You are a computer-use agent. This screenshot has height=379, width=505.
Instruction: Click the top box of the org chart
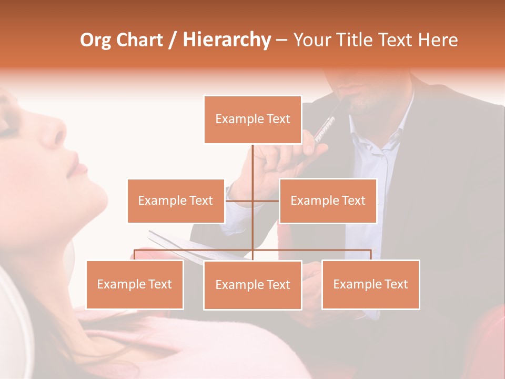pos(252,119)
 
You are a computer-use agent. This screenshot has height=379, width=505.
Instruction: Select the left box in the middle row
pos(176,201)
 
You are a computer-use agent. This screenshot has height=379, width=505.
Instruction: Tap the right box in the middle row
pos(328,201)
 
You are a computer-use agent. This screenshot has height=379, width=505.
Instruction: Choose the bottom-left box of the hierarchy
pos(135,284)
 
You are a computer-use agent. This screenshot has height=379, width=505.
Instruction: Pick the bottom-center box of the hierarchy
pos(252,285)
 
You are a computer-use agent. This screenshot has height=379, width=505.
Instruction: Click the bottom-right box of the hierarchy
pos(370,284)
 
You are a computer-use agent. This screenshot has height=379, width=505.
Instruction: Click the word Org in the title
pos(95,40)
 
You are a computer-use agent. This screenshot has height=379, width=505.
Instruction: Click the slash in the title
pos(173,40)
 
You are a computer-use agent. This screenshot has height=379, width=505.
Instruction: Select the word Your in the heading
pos(312,40)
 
